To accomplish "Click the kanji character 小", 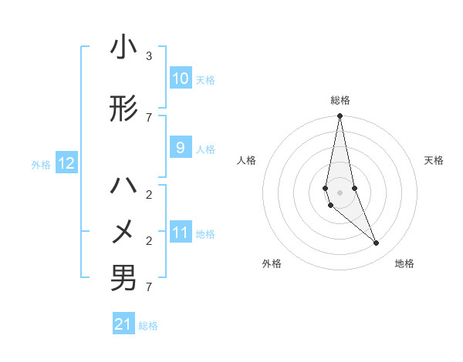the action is point(123,48).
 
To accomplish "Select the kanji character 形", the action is point(123,109).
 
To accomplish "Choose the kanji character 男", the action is point(123,278).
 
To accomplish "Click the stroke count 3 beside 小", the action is point(149,56).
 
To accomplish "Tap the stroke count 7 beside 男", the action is point(149,287).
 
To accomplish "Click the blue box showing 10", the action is point(180,79).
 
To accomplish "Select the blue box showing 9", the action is point(180,148).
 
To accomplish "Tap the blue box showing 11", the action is point(180,233).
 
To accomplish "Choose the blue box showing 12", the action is point(66,163).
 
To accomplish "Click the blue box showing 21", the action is point(123,324).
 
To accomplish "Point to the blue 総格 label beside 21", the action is point(148,326).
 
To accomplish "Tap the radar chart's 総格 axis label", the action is point(340,100).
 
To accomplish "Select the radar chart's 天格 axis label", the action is point(434,160).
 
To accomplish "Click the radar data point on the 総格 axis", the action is point(340,116).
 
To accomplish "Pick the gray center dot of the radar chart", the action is point(340,192).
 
